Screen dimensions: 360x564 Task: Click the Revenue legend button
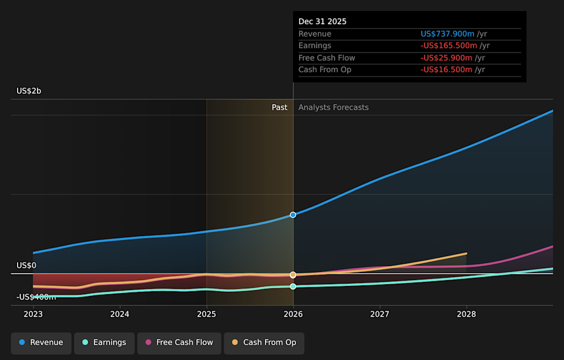coord(41,342)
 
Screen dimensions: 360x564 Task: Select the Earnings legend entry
coord(104,342)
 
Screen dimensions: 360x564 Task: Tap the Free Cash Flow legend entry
coord(179,342)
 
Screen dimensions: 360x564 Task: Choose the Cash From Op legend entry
coord(264,342)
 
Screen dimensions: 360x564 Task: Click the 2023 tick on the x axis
coord(33,314)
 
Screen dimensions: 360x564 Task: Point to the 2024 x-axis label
coord(120,314)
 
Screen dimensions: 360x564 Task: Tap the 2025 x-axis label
coord(206,314)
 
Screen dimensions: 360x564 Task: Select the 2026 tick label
coord(293,314)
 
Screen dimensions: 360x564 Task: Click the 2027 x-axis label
coord(380,314)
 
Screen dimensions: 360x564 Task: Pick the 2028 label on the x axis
coord(466,314)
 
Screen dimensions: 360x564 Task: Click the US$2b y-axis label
coord(29,91)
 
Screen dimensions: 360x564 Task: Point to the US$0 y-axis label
coord(26,265)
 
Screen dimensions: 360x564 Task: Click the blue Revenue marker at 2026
coord(293,215)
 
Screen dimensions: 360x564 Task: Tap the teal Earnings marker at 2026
coord(293,287)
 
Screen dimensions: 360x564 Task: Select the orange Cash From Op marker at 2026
coord(293,275)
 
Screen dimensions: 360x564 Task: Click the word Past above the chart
coord(280,107)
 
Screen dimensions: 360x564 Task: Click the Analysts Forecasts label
coord(333,107)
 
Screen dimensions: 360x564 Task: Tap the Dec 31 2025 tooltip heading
coord(323,22)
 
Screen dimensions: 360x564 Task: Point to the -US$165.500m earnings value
coord(448,46)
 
